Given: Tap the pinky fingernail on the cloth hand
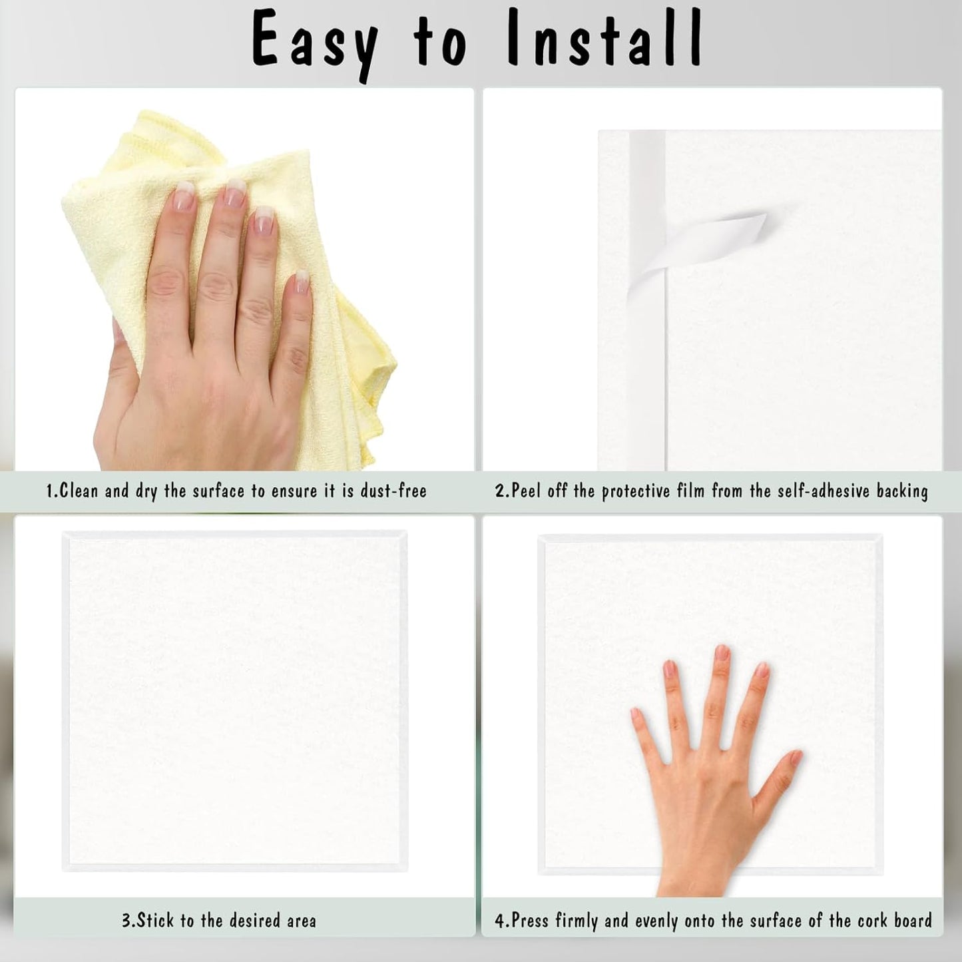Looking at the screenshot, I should click(x=302, y=283).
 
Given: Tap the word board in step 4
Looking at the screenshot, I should click(x=913, y=921).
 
